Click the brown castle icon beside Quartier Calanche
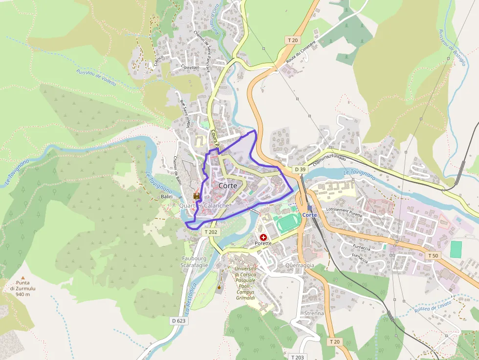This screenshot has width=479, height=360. pos(197,196)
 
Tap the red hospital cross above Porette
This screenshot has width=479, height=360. pos(263,237)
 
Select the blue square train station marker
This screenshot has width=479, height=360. pos(309,208)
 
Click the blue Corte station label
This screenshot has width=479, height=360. pos(309,215)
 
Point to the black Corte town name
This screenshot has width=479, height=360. pos(228,186)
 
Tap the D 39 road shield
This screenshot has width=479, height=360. pos(300,169)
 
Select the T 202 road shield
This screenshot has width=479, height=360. pos(210,232)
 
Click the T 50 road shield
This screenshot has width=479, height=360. pos(433,255)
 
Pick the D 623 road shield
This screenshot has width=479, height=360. pos(179,321)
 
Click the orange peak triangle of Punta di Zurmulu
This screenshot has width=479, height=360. pos(22,277)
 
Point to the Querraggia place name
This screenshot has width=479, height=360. pos(300,265)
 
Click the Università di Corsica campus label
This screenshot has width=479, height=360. pos(245,283)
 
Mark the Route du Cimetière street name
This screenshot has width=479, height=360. pos(301,50)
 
